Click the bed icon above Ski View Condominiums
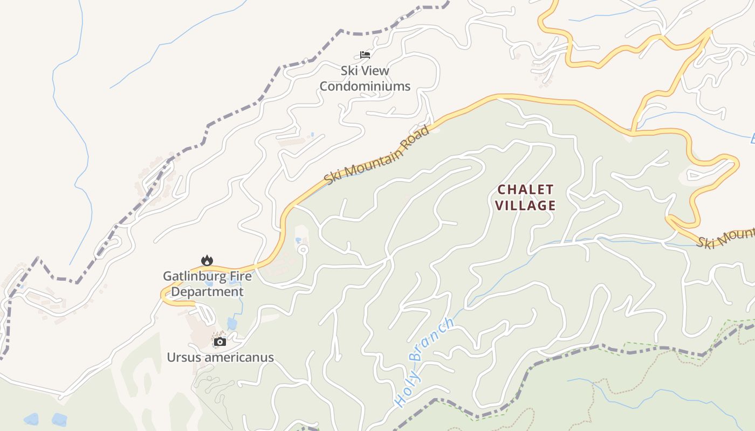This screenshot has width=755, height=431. click(365, 54)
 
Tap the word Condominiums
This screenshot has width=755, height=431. click(365, 86)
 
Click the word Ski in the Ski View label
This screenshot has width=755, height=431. click(349, 71)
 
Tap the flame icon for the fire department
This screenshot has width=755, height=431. click(207, 261)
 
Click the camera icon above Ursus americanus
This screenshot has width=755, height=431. click(219, 342)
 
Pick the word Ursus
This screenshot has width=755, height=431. click(182, 358)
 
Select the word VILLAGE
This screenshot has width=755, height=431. click(525, 205)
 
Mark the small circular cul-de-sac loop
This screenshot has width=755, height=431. click(303, 249)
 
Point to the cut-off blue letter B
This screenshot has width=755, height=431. click(752, 140)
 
